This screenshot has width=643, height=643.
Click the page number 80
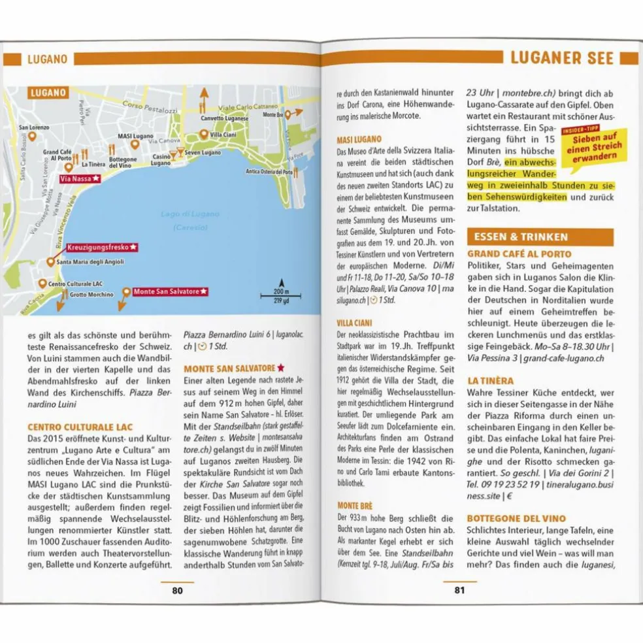(x=177, y=590)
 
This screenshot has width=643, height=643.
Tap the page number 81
(x=459, y=590)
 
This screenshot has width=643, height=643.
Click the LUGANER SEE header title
(x=562, y=58)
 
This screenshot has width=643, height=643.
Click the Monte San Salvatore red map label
(x=170, y=291)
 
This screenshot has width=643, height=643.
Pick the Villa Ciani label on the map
(x=223, y=135)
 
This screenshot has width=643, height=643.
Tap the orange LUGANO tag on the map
(x=49, y=93)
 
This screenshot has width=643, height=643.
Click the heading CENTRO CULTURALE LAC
(x=80, y=427)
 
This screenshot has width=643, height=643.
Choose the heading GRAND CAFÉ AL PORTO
(x=519, y=254)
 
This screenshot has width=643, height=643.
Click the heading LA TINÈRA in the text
(x=490, y=380)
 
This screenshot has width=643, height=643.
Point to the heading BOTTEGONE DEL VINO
(x=516, y=519)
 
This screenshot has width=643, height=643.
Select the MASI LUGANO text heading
(x=359, y=140)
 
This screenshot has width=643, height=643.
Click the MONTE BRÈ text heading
(x=355, y=505)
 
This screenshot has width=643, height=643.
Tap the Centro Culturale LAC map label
(x=75, y=284)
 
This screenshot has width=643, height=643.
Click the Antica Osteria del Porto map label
(x=269, y=172)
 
